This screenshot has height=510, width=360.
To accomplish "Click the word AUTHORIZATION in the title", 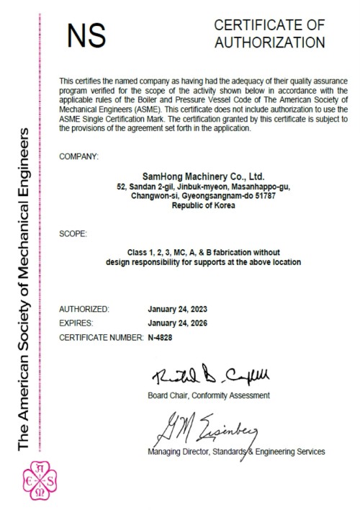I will (x=269, y=42).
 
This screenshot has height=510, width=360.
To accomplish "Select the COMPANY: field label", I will (x=78, y=156).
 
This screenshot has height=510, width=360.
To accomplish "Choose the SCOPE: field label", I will (x=73, y=233).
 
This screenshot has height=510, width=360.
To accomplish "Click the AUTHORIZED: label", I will (x=84, y=309).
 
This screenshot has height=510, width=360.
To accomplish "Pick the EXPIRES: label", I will (x=77, y=323).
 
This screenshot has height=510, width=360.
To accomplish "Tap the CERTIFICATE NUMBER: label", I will (x=101, y=337).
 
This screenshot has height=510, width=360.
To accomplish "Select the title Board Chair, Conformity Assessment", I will (x=208, y=395).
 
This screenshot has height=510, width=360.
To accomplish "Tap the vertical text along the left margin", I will (x=24, y=288).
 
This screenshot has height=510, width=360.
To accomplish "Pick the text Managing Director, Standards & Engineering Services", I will (x=235, y=452).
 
